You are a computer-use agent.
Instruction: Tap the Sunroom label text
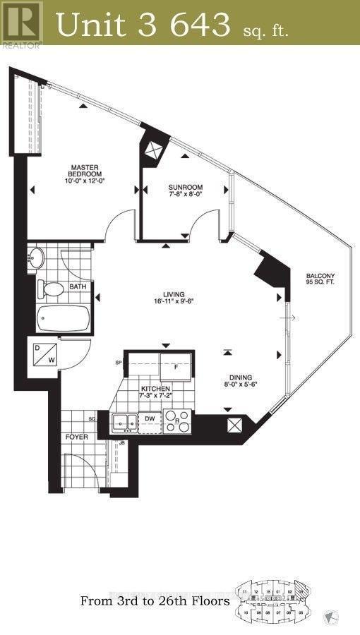[x=186, y=188]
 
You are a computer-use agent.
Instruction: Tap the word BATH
[x=77, y=287]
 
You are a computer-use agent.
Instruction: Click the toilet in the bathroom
[x=52, y=289]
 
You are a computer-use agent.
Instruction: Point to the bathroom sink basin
[x=37, y=258]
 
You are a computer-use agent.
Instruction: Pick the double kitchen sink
[x=125, y=423]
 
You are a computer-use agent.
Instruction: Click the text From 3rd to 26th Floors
[x=155, y=602]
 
